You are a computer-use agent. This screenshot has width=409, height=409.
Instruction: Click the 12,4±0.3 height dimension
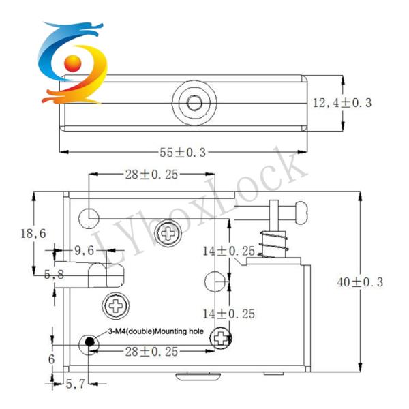(x=342, y=103)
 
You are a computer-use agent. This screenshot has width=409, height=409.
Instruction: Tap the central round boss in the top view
(x=194, y=103)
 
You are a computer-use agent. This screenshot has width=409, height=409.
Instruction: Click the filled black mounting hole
(x=89, y=342)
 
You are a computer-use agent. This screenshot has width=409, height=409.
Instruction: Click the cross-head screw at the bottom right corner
(x=221, y=336)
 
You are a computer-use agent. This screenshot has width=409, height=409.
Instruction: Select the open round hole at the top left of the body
(x=90, y=216)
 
